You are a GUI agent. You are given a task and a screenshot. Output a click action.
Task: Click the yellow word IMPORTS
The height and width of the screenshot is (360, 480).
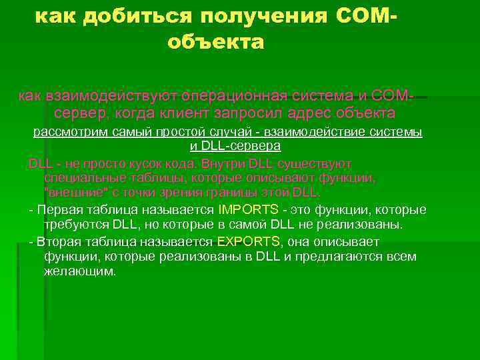pyautogui.click(x=247, y=209)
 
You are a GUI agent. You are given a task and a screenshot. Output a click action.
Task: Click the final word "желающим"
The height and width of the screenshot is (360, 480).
pyautogui.click(x=79, y=271)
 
